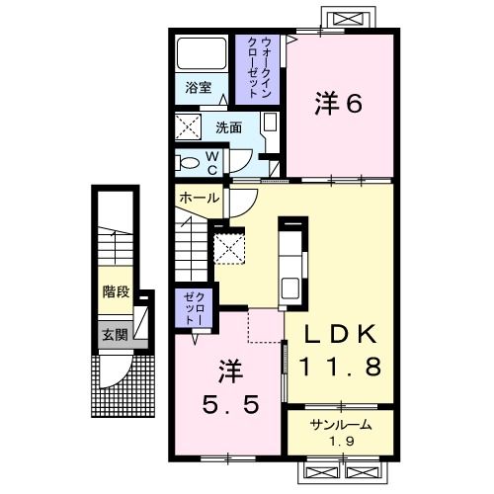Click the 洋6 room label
(x=337, y=103)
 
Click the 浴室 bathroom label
(x=198, y=87)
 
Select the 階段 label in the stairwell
(x=116, y=292)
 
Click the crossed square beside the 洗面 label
(x=188, y=126)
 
